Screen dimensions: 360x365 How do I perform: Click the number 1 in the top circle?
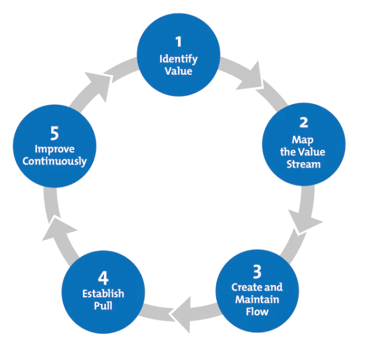coord(178,41)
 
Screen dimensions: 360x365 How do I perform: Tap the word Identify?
coord(178,59)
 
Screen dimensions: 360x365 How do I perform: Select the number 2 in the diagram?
coord(304,122)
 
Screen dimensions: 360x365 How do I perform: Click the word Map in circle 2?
coord(304,140)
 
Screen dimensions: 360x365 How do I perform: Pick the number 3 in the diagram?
coord(257,271)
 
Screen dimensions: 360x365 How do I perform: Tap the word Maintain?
coord(257,299)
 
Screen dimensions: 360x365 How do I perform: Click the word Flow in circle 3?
coord(257,311)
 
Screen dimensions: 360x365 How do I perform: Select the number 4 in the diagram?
coord(102,277)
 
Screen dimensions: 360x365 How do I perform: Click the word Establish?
coord(103,293)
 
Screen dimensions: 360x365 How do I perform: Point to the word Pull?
coord(103,306)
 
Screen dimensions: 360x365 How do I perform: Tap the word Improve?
coord(54,149)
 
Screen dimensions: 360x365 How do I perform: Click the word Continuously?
coord(54,161)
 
